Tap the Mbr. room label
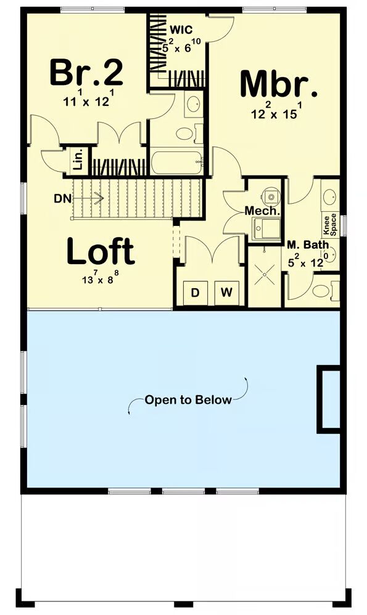pos(279,84)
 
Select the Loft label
pos(101,251)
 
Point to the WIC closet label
pos(181,30)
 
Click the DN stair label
pos(63,199)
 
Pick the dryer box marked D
pos(196,292)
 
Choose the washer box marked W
pos(226,292)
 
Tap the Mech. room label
pos(263,211)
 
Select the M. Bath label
pos(308,245)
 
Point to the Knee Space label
pos(329,224)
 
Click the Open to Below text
pos(188,400)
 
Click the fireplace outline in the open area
pos(329,399)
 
